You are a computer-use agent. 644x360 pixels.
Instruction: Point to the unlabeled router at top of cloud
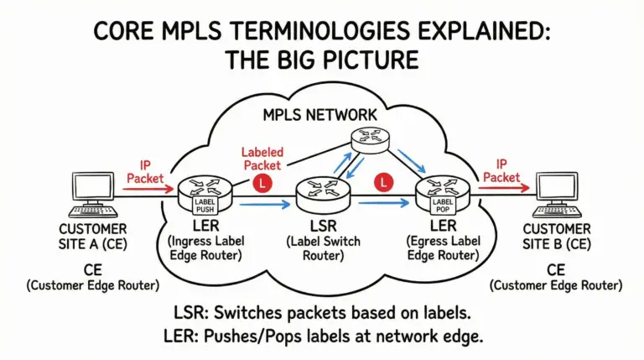click(x=372, y=143)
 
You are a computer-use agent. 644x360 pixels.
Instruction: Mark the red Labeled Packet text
click(x=263, y=159)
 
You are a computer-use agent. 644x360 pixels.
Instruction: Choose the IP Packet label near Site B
click(x=501, y=170)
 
